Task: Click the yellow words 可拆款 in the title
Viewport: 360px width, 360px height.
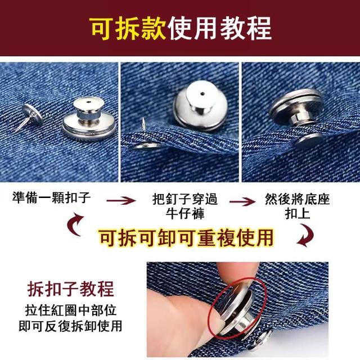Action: coord(128,29)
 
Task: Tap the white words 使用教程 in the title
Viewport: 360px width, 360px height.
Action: coord(220,29)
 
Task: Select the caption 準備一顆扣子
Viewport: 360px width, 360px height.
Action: coord(51,197)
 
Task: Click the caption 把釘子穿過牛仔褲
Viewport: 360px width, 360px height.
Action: coord(185,206)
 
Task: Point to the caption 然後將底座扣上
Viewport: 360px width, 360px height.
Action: coord(298,206)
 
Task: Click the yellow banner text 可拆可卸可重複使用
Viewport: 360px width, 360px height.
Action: coord(187,237)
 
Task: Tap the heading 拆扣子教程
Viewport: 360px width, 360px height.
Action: coord(71,289)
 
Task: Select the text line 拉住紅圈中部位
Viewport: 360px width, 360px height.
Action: coord(71,310)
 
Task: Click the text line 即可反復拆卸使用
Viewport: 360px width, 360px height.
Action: coord(70,326)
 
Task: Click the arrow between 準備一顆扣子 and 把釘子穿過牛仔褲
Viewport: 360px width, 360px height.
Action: coord(121,200)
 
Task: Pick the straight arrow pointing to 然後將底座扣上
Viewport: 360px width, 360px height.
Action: coord(242,201)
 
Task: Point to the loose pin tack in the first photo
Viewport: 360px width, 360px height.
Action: coord(29,116)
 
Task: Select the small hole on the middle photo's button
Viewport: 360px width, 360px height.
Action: coord(202,93)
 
